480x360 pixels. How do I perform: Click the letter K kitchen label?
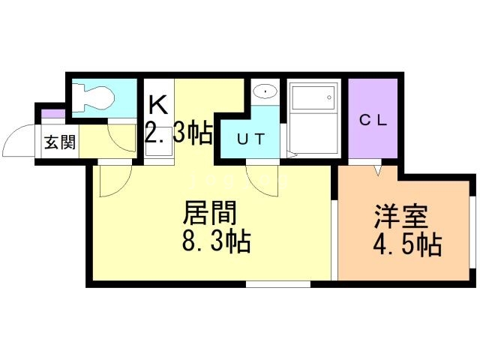pyautogui.click(x=157, y=103)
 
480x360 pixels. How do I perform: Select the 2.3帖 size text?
pyautogui.click(x=177, y=134)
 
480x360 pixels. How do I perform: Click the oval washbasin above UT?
pyautogui.click(x=264, y=91)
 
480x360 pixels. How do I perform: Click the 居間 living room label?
pyautogui.click(x=211, y=214)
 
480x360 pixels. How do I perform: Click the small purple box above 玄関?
pyautogui.click(x=52, y=115)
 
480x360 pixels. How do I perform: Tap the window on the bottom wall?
pyautogui.click(x=277, y=284)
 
